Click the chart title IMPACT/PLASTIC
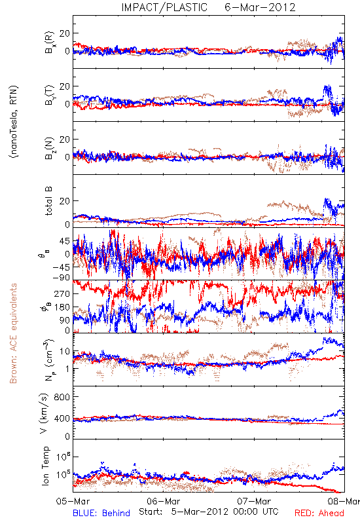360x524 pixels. [164, 7]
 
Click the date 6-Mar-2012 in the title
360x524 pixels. [260, 7]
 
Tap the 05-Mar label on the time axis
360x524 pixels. [73, 501]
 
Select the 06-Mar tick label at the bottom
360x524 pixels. [163, 501]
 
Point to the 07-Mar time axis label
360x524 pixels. [254, 501]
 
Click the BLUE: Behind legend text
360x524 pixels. [101, 513]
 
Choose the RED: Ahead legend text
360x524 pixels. [319, 513]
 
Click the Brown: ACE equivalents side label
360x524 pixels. [13, 333]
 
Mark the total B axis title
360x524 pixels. [48, 201]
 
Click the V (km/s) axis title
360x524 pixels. [44, 413]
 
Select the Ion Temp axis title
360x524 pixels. [45, 466]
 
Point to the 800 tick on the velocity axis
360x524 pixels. [62, 397]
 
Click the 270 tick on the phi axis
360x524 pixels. [62, 294]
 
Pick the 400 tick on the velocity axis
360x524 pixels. [62, 419]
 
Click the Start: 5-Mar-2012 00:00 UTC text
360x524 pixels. [208, 512]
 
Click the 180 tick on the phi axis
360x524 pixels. [62, 307]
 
